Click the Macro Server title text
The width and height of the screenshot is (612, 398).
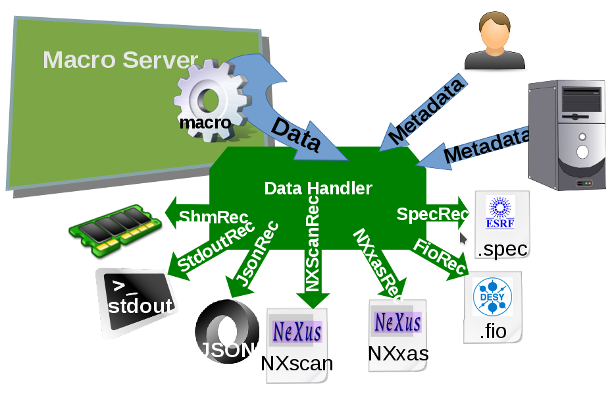[x=120, y=60]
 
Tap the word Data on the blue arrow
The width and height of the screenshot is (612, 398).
[x=295, y=134]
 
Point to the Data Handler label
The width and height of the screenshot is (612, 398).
[x=318, y=188]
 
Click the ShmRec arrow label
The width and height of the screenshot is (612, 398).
[x=213, y=217]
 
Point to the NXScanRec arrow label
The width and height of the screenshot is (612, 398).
[x=313, y=244]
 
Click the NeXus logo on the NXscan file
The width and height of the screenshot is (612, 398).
[x=296, y=330]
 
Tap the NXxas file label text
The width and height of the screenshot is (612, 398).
[x=397, y=354]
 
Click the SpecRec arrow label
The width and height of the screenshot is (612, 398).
[x=432, y=214]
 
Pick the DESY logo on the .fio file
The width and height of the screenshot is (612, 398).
[x=492, y=297]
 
